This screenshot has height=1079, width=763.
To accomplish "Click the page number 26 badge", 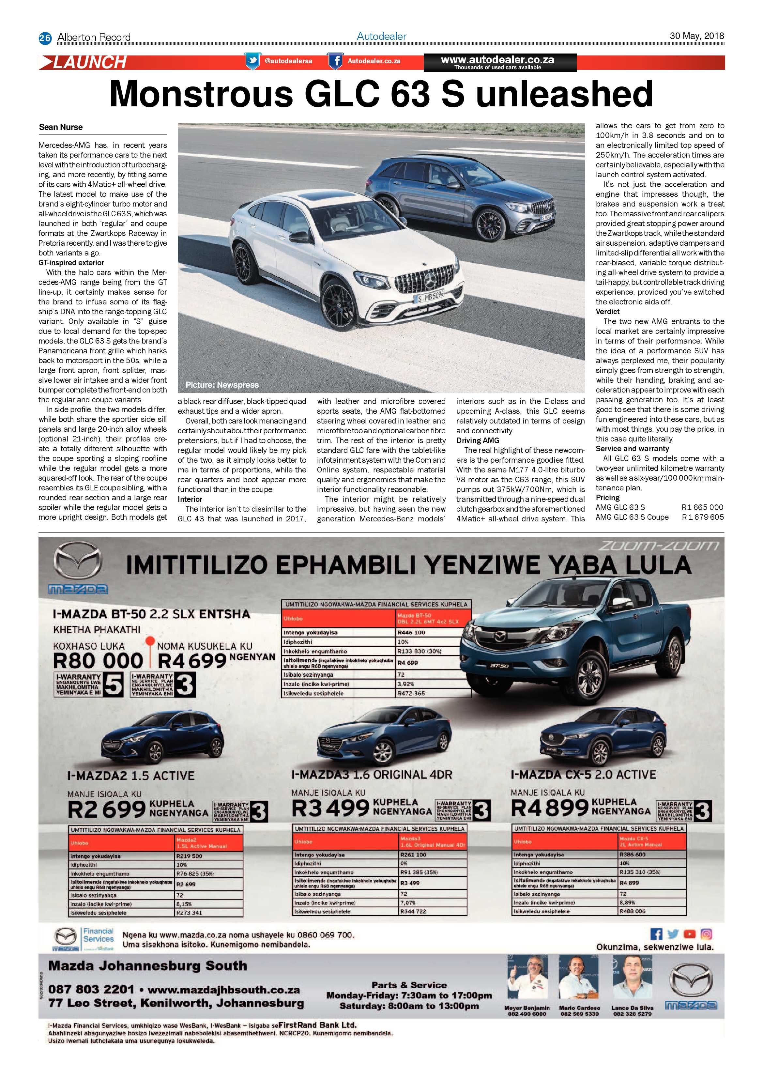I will (45, 38).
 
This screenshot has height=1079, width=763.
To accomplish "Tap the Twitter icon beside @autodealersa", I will (252, 61).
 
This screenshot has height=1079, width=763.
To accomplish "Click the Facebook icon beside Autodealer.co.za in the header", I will (335, 61).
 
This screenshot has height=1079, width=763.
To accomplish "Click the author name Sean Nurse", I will (61, 127).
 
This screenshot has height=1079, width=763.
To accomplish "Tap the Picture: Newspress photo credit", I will (222, 385).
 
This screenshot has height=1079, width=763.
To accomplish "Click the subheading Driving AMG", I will (477, 440).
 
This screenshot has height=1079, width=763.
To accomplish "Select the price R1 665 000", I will (702, 507).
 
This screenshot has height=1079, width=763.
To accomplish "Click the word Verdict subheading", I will (607, 312).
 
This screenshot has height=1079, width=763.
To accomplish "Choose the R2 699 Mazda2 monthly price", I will (107, 809).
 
